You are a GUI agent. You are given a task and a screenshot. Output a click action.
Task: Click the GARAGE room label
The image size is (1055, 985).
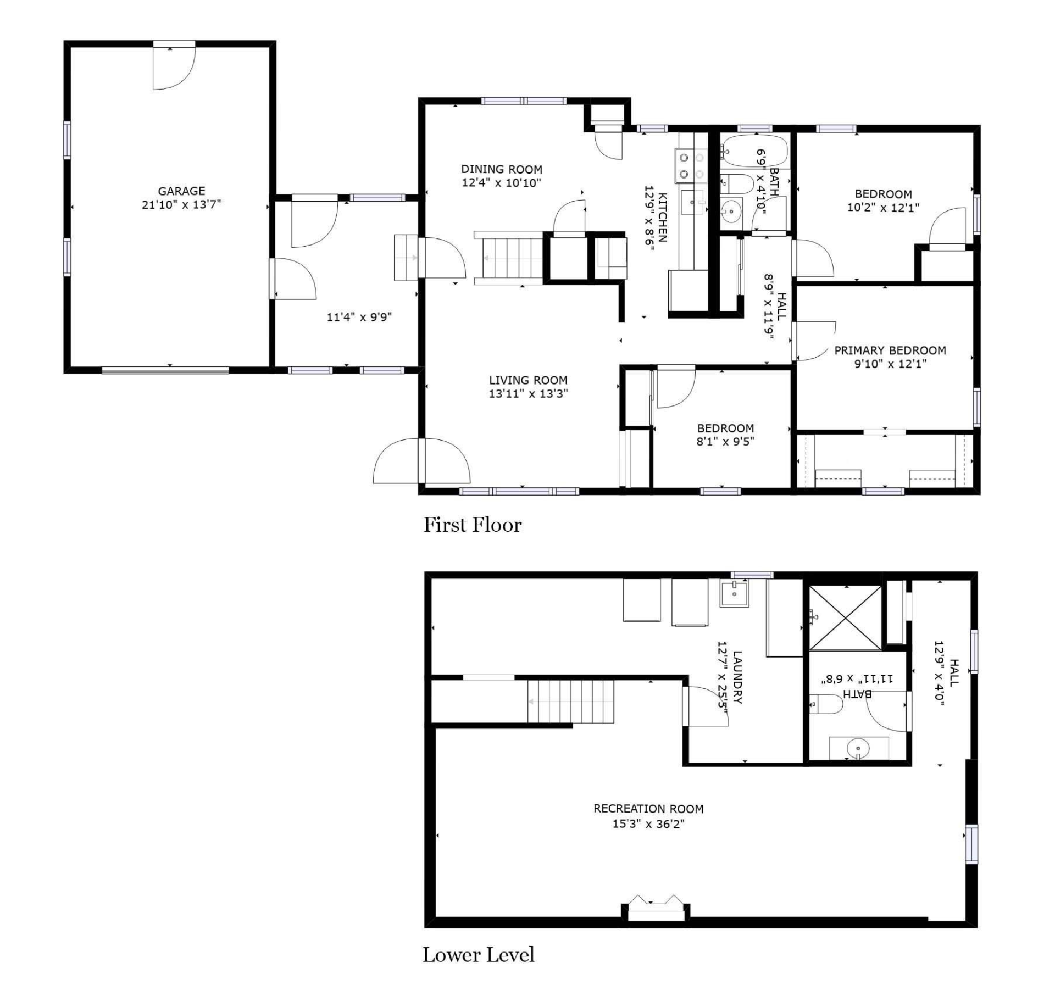[181, 191]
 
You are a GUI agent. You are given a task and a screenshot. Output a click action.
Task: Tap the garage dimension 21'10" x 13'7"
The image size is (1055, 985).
[181, 205]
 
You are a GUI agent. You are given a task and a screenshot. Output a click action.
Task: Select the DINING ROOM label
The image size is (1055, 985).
[502, 169]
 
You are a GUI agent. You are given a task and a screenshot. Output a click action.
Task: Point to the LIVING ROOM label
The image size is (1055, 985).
[528, 380]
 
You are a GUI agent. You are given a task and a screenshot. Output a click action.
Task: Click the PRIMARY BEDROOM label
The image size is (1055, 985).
[890, 350]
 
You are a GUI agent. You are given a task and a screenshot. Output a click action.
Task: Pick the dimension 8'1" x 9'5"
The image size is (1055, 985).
[725, 441]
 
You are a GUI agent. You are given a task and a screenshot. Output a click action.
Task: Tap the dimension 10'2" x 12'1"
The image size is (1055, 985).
[883, 208]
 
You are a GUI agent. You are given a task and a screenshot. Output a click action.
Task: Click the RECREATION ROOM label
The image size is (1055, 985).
[648, 809]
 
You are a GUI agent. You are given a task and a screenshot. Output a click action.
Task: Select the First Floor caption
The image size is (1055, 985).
[473, 525]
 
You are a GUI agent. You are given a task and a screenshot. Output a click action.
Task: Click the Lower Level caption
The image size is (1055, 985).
[479, 955]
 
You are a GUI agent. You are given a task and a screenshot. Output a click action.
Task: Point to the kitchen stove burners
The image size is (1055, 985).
[691, 166]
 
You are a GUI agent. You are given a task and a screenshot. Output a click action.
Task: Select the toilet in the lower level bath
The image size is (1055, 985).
[826, 704]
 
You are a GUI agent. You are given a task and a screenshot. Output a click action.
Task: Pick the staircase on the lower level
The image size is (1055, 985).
[571, 702]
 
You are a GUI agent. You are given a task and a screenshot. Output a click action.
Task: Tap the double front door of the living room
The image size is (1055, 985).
[421, 461]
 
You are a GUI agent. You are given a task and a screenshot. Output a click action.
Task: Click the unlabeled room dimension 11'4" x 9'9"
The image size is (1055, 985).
[359, 317]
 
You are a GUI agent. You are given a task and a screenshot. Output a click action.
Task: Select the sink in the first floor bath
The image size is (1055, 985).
[731, 210]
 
